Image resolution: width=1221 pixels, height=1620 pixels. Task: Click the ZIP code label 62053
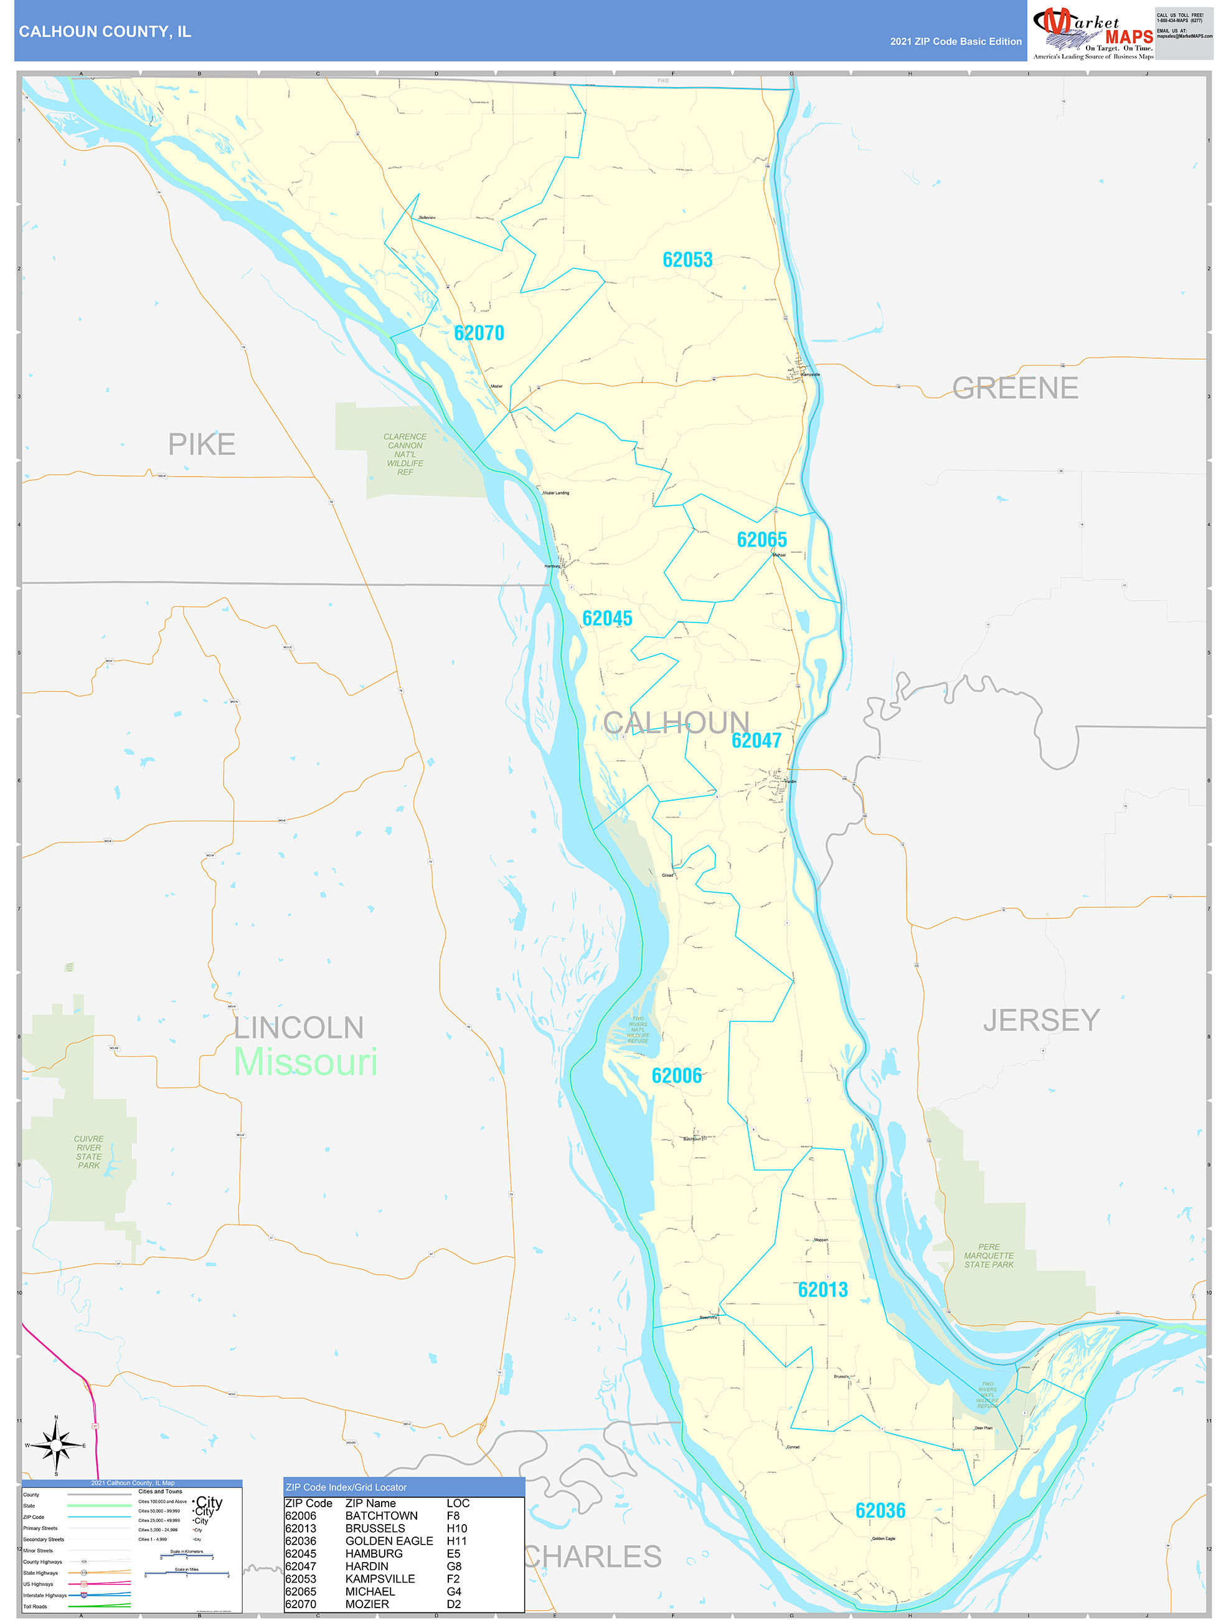(x=687, y=260)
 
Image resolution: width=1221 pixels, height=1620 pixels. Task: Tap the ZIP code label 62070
(x=479, y=333)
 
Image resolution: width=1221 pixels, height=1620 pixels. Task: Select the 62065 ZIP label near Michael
(x=761, y=540)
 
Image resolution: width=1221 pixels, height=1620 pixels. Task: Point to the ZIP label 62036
(x=880, y=1510)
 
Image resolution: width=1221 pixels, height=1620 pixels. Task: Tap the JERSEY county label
(x=1040, y=1020)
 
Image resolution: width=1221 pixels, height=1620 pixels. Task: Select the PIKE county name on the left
(x=201, y=444)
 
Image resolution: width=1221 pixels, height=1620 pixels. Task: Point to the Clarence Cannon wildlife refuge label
(x=405, y=454)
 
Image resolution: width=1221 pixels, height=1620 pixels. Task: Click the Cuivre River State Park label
(x=88, y=1152)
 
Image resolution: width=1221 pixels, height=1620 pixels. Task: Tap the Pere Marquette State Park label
(x=988, y=1255)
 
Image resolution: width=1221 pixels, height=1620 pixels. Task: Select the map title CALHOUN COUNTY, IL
(x=105, y=32)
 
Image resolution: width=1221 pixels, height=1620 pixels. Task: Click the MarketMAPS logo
(x=1092, y=32)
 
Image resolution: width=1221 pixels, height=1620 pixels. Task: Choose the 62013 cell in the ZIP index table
(x=300, y=1528)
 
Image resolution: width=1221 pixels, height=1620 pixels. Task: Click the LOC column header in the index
(x=458, y=1503)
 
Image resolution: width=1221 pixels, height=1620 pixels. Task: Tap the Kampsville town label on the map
(x=810, y=375)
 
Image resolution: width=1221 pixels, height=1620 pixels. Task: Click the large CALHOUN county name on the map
(x=676, y=723)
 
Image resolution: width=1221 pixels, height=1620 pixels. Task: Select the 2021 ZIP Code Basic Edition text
(x=955, y=42)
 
